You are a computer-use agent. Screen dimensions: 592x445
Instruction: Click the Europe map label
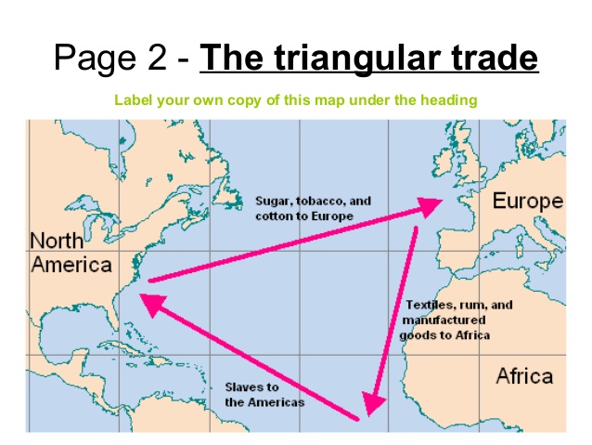point(526,202)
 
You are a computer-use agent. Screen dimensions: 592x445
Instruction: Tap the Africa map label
point(524,376)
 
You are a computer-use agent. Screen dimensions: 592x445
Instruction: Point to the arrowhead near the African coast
point(372,401)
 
